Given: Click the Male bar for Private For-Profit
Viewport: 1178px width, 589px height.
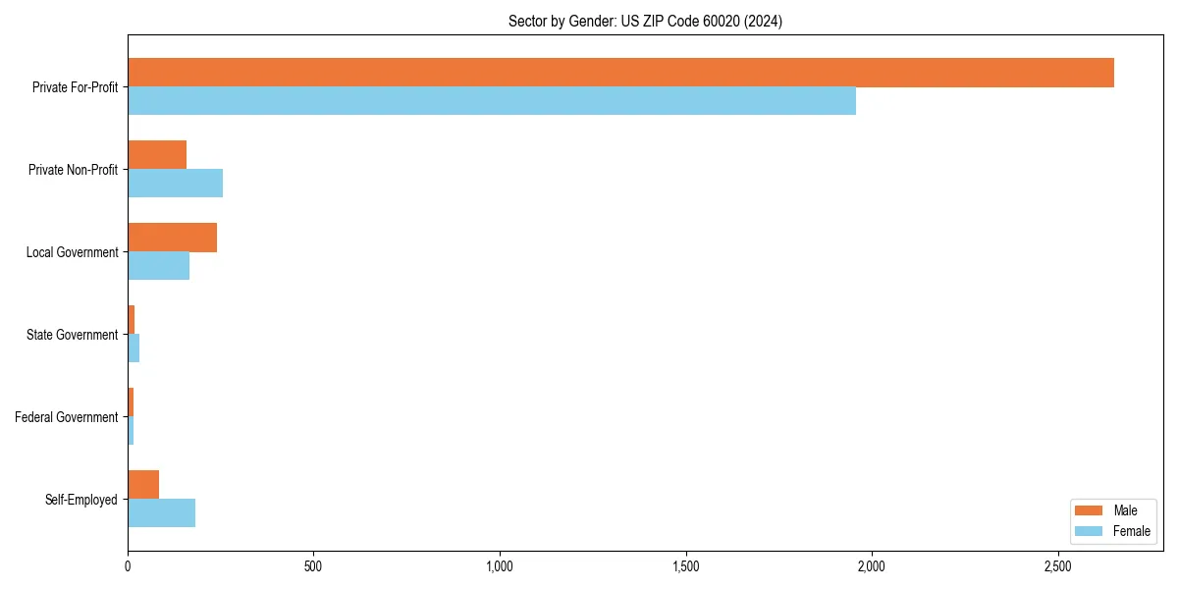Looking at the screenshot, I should pos(620,73).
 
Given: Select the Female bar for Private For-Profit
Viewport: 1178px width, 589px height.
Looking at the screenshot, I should pos(492,101).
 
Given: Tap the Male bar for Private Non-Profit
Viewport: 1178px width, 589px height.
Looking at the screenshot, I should pos(157,155).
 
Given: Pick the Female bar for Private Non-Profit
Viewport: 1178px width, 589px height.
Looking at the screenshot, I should pos(175,184).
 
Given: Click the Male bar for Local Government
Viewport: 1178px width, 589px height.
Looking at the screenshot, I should pos(172,238).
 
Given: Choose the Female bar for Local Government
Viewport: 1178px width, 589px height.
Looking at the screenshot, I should pos(158,266).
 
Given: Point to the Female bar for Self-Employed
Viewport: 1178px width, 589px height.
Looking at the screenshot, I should pos(161,513).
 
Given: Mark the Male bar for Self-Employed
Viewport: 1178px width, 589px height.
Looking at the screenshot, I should pos(143,485).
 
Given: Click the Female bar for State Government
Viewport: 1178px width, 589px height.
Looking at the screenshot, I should pos(134,348).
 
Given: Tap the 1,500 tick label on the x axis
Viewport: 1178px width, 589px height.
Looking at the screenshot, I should pos(685,566).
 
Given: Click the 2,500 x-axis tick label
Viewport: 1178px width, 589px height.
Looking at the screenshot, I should pos(1057,566).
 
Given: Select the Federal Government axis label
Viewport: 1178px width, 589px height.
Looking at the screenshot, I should pos(67,417).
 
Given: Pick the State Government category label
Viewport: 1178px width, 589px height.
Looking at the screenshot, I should pos(72,335).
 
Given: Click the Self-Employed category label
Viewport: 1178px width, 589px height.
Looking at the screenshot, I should pos(81,500).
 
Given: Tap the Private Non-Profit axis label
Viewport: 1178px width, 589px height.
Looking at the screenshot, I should pos(73,170).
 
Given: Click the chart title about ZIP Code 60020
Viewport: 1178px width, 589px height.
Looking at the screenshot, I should pos(645,21).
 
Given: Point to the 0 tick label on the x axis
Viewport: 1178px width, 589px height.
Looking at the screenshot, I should pos(128,566).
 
